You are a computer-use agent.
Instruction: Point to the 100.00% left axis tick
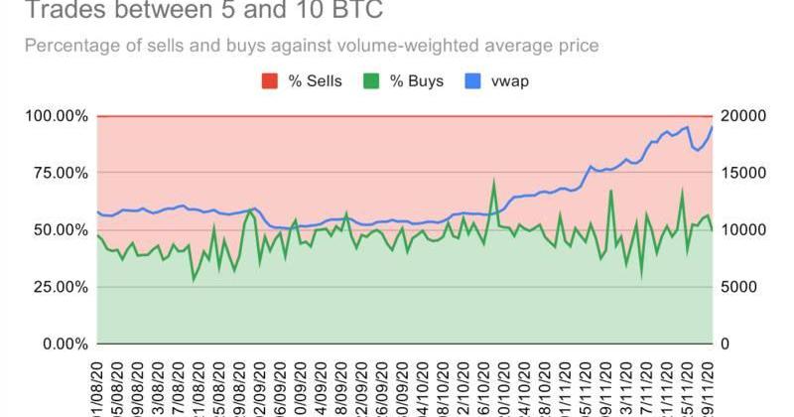55,116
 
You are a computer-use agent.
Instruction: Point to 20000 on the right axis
740,116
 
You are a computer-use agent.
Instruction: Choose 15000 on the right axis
740,173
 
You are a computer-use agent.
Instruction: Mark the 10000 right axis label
740,229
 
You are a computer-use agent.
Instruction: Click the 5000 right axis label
736,287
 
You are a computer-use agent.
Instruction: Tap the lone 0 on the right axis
726,344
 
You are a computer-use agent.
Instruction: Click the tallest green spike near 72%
494,182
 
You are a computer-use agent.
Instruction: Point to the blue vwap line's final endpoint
713,127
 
